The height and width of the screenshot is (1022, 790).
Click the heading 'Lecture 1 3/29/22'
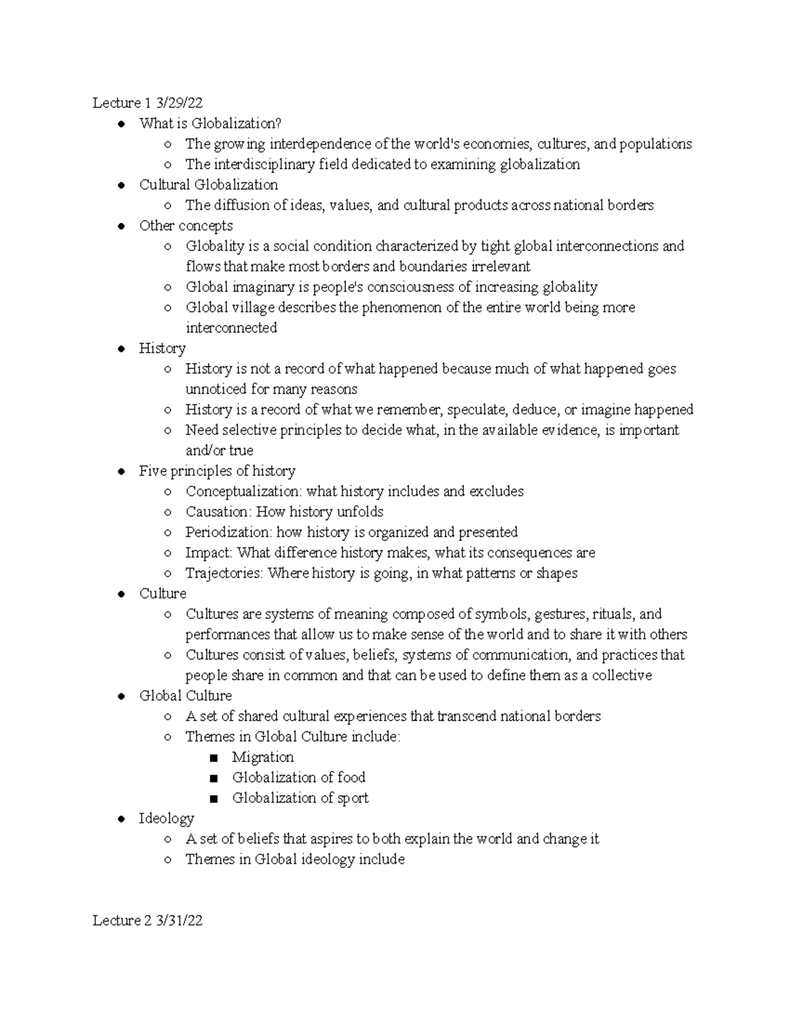point(147,103)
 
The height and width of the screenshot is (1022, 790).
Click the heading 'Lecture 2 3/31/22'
point(147,921)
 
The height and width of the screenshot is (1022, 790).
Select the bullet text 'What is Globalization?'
point(210,123)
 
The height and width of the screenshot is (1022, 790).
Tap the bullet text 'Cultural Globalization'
point(208,184)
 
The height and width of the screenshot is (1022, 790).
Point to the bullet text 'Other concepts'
point(186,225)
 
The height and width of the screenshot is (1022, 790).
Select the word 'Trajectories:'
point(224,573)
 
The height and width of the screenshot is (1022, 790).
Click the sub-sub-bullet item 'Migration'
point(263,757)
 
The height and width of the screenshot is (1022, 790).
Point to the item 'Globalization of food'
point(298,777)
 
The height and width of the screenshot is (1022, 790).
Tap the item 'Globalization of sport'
point(300,798)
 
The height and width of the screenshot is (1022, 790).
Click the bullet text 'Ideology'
point(167,818)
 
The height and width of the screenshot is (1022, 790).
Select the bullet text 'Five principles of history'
point(217,471)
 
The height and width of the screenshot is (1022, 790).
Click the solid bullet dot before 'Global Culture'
point(122,696)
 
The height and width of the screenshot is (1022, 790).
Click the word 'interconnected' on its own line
point(231,328)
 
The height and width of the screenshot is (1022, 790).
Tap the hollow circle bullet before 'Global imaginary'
point(169,288)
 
